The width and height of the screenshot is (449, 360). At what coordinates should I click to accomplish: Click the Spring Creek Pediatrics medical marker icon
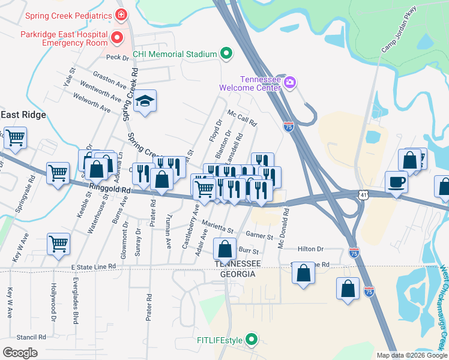pyautogui.click(x=121, y=14)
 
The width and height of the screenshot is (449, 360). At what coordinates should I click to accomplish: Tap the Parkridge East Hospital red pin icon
pyautogui.click(x=116, y=38)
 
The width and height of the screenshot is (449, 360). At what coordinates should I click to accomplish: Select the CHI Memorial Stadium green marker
pyautogui.click(x=226, y=54)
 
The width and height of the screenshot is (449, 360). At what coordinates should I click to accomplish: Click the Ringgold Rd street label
pyautogui.click(x=109, y=190)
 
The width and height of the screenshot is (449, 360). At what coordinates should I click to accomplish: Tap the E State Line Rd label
pyautogui.click(x=92, y=266)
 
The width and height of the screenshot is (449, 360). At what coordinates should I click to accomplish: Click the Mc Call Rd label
pyautogui.click(x=242, y=118)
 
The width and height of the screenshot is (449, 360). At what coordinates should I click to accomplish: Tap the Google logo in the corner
pyautogui.click(x=20, y=352)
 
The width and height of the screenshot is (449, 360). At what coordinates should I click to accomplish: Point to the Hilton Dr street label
pyautogui.click(x=310, y=249)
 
